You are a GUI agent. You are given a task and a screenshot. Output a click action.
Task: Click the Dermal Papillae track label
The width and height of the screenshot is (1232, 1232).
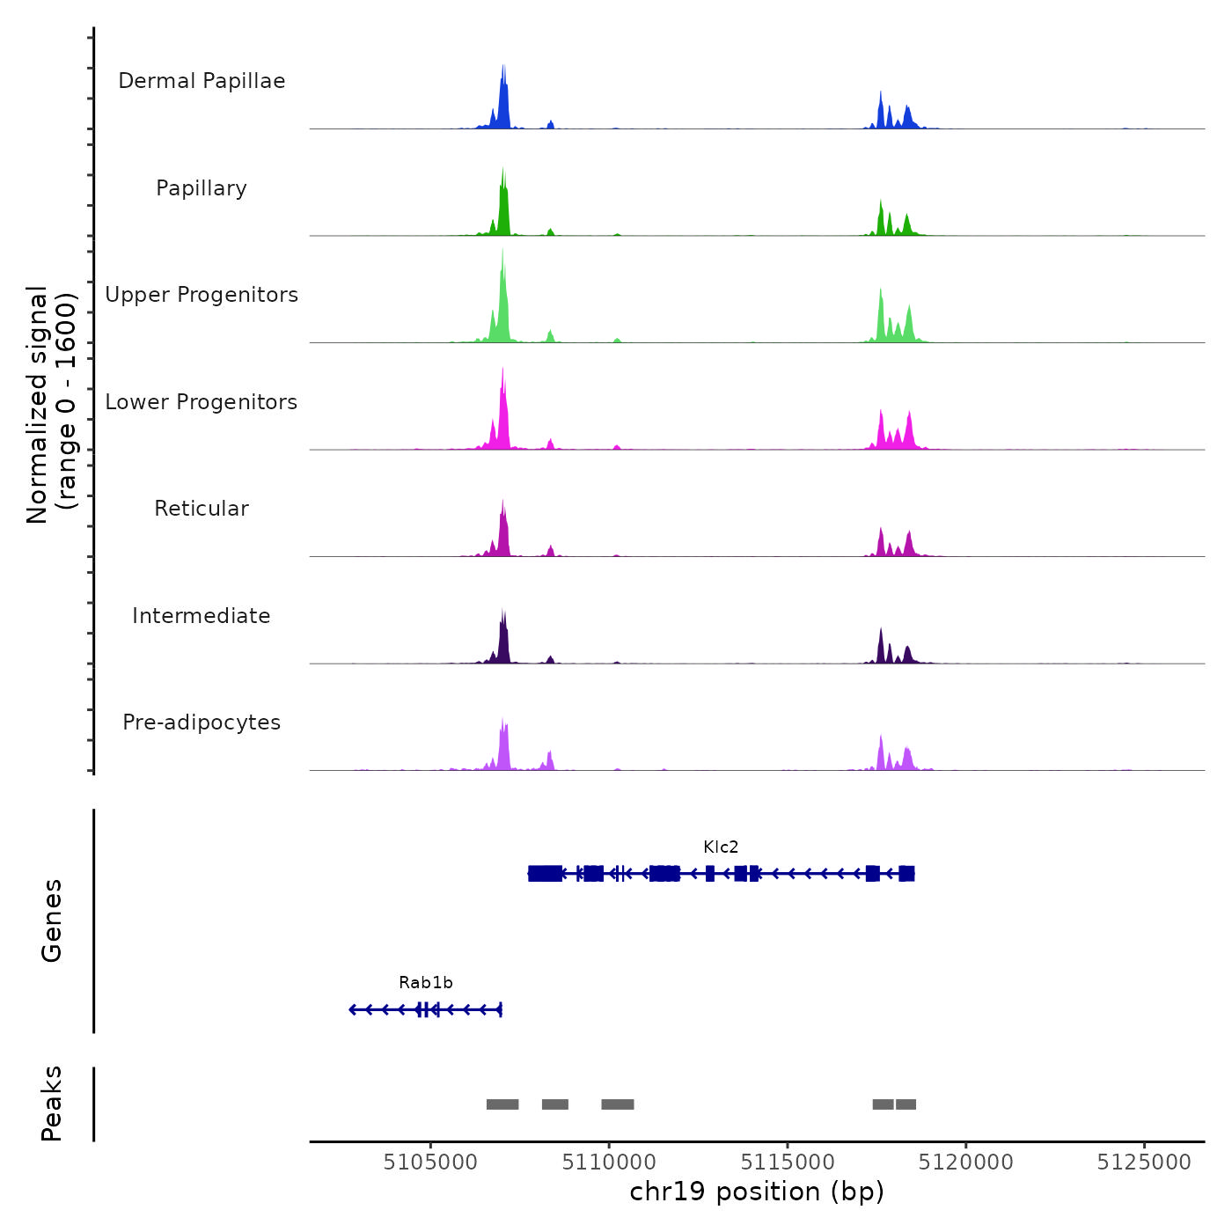point(202,81)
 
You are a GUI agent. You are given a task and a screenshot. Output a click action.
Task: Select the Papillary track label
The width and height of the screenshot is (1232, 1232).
point(202,188)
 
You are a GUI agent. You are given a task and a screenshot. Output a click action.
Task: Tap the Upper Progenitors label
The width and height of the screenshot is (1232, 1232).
point(202,295)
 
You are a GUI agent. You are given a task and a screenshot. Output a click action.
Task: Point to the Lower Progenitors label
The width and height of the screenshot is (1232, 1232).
point(202,402)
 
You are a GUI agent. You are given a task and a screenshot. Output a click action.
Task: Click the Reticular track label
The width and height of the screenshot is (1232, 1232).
point(202,509)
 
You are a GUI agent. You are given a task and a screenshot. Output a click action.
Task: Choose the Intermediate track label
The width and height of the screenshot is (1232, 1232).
point(202,616)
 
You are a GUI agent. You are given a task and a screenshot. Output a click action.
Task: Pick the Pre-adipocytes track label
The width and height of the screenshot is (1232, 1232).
point(202,722)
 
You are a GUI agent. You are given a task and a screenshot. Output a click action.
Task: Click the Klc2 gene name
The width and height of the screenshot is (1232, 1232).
point(721,847)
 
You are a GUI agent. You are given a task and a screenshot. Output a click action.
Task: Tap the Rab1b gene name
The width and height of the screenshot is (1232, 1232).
point(426,983)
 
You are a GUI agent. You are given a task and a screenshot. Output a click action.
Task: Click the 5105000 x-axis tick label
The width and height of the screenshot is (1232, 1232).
point(430,1162)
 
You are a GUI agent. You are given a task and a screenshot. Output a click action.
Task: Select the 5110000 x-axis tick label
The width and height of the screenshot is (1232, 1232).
point(609,1162)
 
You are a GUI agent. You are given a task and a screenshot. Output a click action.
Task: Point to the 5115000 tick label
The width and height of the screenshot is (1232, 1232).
point(788,1162)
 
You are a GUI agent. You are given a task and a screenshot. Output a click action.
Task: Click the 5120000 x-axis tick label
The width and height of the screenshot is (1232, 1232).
point(965,1162)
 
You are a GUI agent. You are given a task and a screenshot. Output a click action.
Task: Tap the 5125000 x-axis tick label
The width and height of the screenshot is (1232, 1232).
point(1144,1162)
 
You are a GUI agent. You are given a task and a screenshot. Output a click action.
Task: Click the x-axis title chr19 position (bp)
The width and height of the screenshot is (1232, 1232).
point(757,1192)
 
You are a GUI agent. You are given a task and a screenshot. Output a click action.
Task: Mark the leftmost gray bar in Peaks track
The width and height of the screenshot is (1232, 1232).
point(502,1104)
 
